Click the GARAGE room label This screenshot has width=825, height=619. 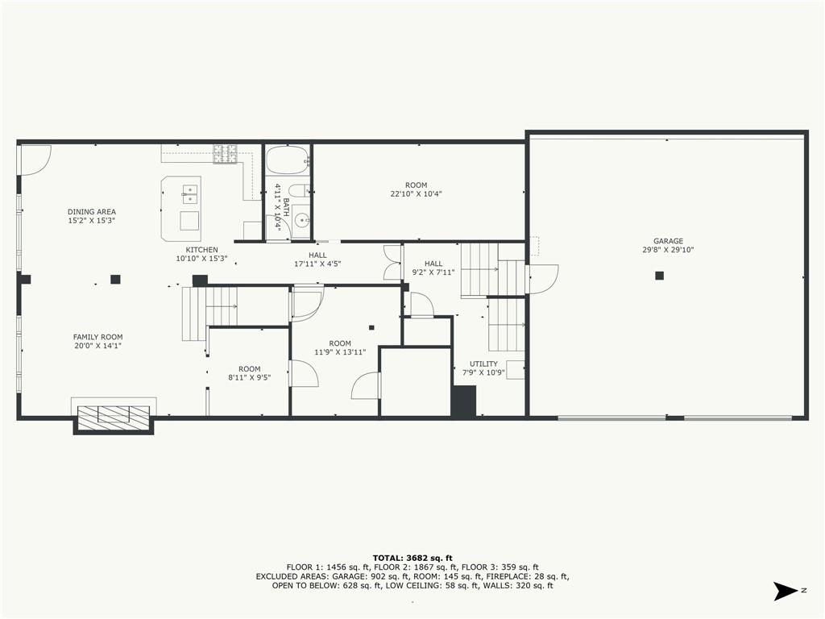tap(668, 241)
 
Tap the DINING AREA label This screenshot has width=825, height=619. tap(92, 212)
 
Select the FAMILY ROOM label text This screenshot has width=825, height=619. tap(97, 338)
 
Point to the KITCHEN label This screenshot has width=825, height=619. tap(202, 250)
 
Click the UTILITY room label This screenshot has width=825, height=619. tap(483, 364)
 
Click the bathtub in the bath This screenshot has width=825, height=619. tap(287, 160)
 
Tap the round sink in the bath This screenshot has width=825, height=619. tap(301, 221)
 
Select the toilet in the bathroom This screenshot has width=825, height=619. tap(300, 191)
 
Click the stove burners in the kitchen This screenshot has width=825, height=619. tap(225, 154)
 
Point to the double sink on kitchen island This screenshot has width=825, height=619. tap(190, 194)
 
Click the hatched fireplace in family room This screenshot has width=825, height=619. tap(114, 415)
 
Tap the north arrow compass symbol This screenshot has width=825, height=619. tap(786, 591)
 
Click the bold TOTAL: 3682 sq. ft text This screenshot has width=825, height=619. tap(412, 558)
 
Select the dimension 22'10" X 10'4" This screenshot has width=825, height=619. tap(417, 193)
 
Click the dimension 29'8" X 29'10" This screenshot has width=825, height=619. tap(668, 250)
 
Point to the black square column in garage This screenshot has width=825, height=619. tap(659, 276)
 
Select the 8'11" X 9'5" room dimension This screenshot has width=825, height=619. tap(250, 377)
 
